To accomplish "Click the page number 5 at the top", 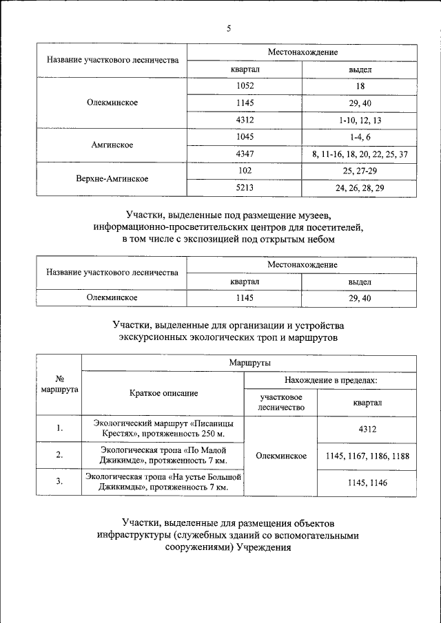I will [228, 28].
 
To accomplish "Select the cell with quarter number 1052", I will [245, 86].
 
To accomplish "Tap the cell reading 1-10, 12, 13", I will [360, 120].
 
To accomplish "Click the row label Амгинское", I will [112, 145].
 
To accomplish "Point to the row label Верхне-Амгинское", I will [112, 179].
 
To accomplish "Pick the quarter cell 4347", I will [245, 154].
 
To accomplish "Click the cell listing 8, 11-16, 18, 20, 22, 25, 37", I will [360, 154].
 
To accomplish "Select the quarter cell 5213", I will [245, 187].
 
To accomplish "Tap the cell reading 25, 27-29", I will [360, 170].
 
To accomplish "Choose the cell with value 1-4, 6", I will [360, 137].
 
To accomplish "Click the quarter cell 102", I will [245, 170].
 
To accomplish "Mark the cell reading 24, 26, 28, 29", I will [360, 187].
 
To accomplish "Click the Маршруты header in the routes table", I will [249, 363].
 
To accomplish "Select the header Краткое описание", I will [163, 393].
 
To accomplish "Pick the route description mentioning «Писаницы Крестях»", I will [163, 429].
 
